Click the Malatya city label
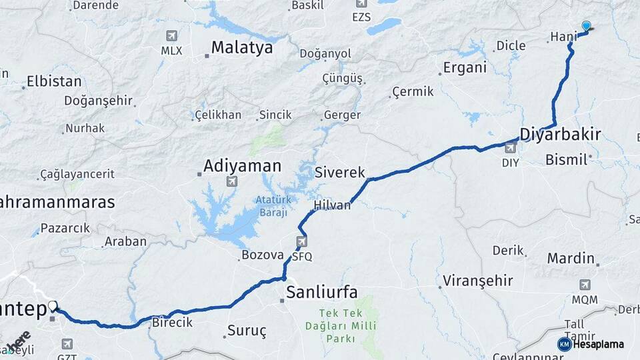point(242,47)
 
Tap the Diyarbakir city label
point(560,134)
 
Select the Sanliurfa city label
point(322,291)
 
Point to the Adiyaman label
point(243,165)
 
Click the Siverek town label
point(341,173)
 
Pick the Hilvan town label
point(333,205)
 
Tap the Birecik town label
point(172,322)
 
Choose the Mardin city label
point(571,258)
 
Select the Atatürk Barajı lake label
point(272,206)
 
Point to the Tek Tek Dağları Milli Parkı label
point(340,325)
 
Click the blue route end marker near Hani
point(586,26)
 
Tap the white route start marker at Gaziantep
point(53,306)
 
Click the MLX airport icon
point(172,35)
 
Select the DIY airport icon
point(510,148)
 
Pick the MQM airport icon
point(585,285)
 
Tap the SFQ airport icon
point(302,241)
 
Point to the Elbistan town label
point(53,81)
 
